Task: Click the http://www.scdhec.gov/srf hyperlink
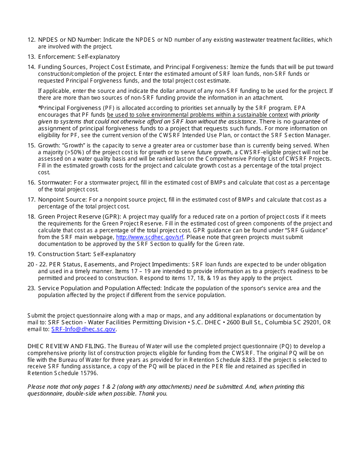pos(150,237)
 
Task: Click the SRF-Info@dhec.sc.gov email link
pos(83,329)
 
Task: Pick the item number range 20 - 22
pos(37,264)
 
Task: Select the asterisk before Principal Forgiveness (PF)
pos(39,108)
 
